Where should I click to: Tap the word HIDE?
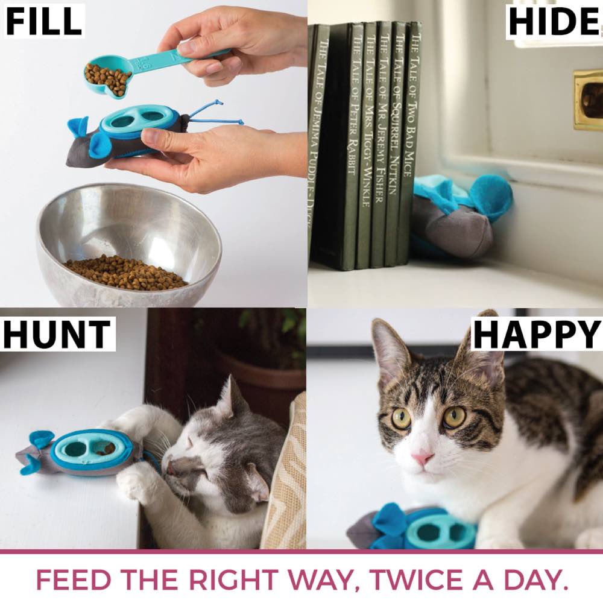click(554, 21)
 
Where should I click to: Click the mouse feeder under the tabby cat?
click(416, 528)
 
